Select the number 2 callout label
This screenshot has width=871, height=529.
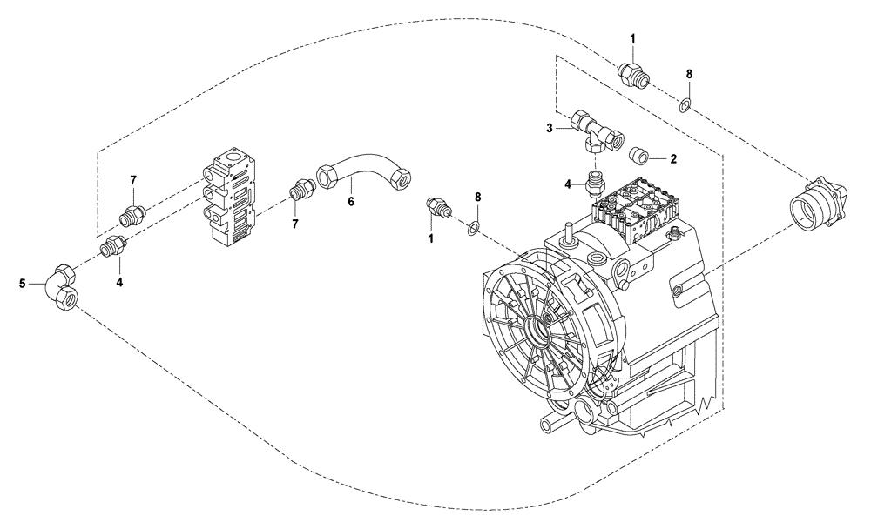673,159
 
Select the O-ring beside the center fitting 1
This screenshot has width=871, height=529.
471,229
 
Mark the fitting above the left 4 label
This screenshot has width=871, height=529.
113,248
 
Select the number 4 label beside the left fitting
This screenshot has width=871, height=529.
120,281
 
